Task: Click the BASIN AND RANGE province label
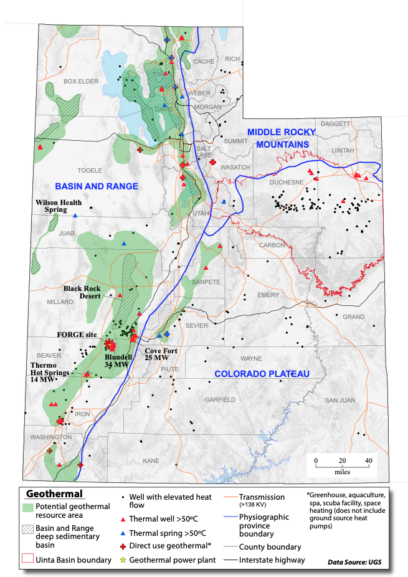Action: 96,186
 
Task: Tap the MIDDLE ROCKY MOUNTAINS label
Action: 278,138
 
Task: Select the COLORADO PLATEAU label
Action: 262,374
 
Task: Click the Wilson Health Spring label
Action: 59,206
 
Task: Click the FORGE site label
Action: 77,335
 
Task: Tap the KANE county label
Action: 151,460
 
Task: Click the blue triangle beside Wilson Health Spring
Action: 75,216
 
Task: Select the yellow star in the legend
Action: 122,560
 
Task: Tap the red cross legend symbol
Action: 122,545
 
